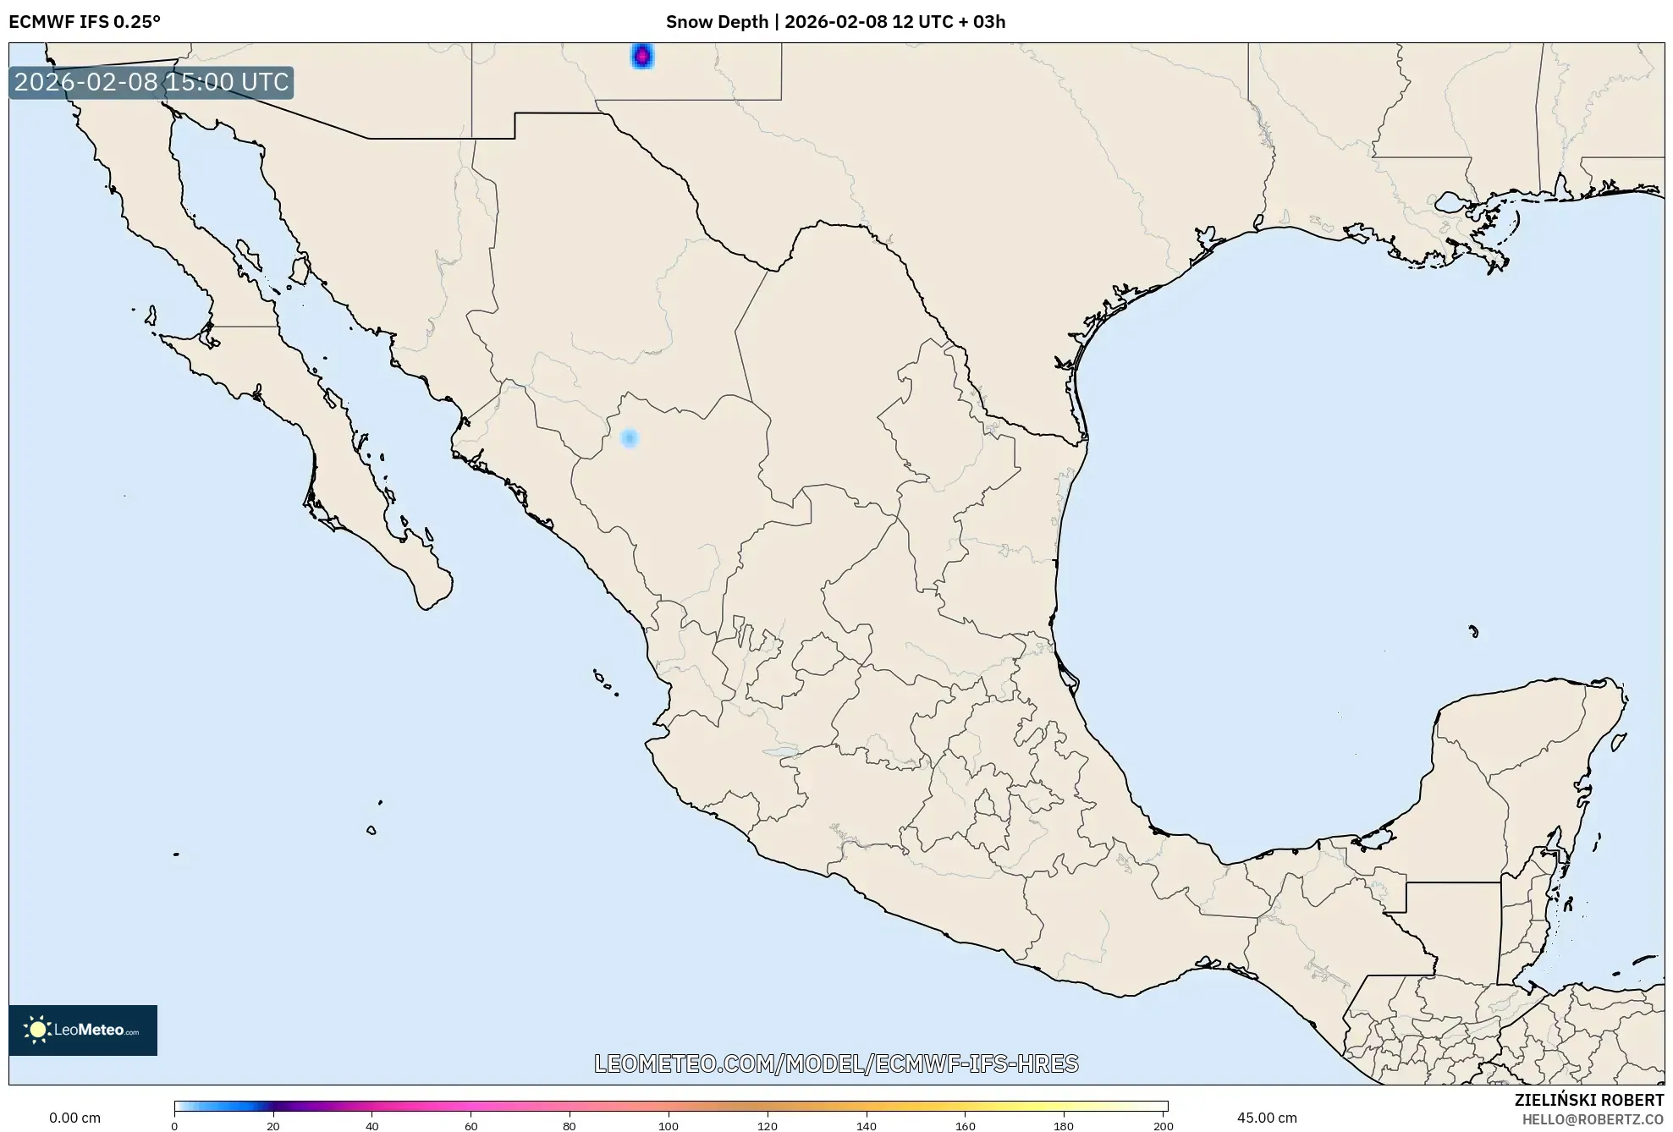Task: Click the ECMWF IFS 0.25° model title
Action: [x=85, y=22]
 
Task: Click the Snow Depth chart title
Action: [x=835, y=22]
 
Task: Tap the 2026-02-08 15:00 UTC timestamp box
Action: [x=151, y=82]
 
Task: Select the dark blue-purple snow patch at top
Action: [x=642, y=56]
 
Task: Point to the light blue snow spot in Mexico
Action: [x=629, y=438]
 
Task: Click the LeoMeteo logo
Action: [x=83, y=1030]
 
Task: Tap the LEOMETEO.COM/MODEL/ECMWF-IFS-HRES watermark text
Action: [x=836, y=1063]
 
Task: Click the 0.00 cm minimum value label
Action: [x=74, y=1118]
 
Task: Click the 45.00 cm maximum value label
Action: [x=1266, y=1118]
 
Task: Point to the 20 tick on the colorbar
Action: [x=273, y=1125]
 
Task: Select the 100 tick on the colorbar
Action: [x=669, y=1125]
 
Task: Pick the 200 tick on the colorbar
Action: [x=1164, y=1125]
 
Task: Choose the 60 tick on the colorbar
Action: [x=471, y=1125]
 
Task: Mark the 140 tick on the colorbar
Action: [x=867, y=1125]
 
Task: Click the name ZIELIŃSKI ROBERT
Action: [x=1588, y=1100]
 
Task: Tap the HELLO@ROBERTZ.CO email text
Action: [x=1593, y=1119]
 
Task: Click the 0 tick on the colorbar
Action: [x=174, y=1125]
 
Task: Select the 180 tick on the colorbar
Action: [x=1064, y=1125]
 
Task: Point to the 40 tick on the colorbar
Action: [x=372, y=1125]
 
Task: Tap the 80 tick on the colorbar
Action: [x=570, y=1125]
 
